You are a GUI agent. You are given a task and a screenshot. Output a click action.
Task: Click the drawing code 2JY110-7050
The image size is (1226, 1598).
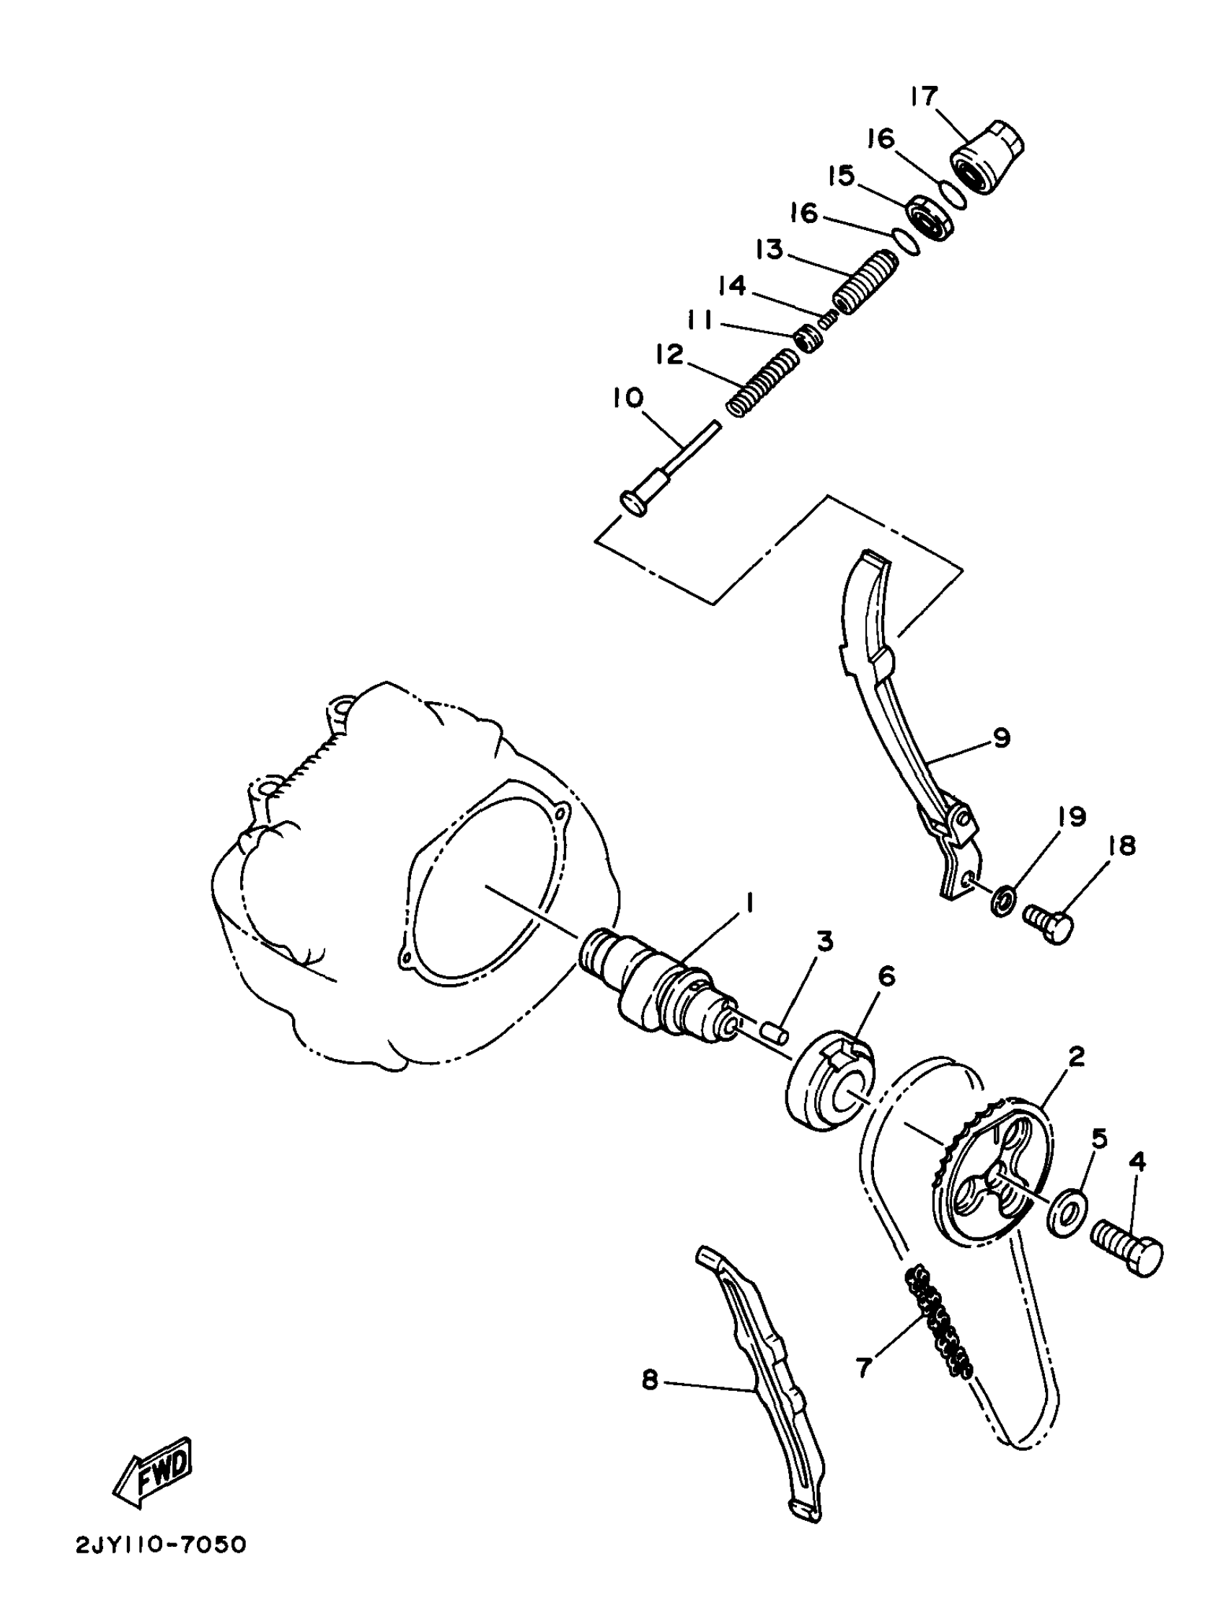click(162, 1566)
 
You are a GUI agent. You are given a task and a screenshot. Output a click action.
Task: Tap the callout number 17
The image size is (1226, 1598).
click(923, 97)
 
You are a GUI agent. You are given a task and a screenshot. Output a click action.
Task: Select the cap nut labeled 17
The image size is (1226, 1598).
click(989, 158)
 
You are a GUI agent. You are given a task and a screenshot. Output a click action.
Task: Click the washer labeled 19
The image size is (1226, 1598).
click(999, 900)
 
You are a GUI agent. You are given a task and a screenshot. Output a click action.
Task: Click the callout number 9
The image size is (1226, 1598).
click(1002, 738)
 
